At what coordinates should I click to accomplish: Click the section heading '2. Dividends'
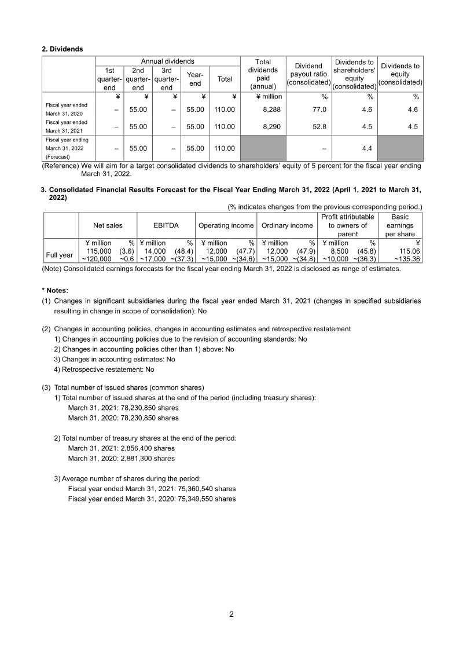pyautogui.click(x=62, y=49)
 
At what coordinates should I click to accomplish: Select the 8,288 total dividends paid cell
pyautogui.click(x=263, y=109)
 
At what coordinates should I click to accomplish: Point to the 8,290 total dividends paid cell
pyautogui.click(x=263, y=126)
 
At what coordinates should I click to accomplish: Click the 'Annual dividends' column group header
pyautogui.click(x=168, y=61)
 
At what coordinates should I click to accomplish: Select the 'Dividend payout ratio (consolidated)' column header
pyautogui.click(x=308, y=74)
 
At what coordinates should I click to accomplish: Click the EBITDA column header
pyautogui.click(x=166, y=226)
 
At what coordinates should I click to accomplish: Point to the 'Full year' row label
pyautogui.click(x=60, y=255)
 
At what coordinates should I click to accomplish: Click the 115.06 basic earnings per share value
pyautogui.click(x=406, y=251)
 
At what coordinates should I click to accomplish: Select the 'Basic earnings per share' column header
pyautogui.click(x=400, y=226)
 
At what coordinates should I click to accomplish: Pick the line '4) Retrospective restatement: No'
pyautogui.click(x=104, y=369)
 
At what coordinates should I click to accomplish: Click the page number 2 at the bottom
pyautogui.click(x=231, y=614)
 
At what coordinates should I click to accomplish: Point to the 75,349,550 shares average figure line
pyautogui.click(x=152, y=499)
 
